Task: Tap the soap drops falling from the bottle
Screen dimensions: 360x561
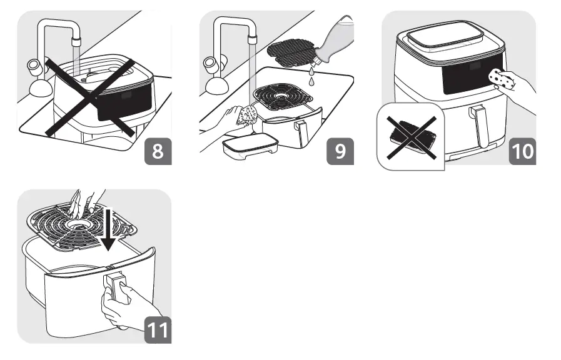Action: point(311,76)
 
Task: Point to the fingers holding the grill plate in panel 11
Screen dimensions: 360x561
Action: point(84,201)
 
